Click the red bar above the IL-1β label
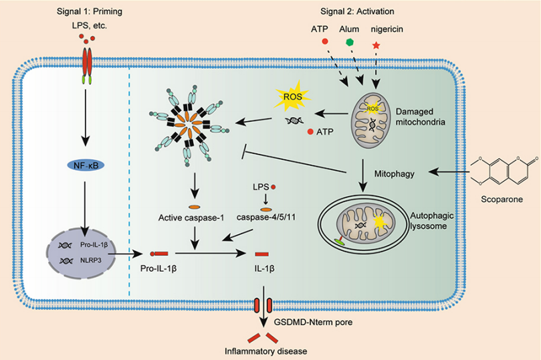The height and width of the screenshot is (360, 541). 262,254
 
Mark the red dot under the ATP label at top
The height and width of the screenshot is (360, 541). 325,41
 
